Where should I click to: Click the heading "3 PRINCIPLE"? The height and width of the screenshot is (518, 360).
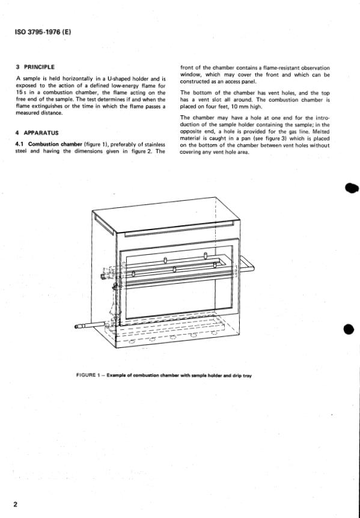pos(35,67)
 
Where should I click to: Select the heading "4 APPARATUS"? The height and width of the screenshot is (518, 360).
pos(37,133)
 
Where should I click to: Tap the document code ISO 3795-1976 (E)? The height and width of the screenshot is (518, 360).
pos(43,32)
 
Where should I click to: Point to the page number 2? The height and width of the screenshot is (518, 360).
pos(16,504)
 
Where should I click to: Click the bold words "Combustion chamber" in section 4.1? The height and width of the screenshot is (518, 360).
pos(55,144)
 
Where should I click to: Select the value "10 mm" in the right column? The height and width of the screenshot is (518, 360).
pos(239,106)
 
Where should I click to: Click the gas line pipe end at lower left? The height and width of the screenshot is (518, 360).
pos(77,326)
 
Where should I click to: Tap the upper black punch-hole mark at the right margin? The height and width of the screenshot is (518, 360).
pos(352,188)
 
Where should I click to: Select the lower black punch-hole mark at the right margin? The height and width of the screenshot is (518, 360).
pos(349,329)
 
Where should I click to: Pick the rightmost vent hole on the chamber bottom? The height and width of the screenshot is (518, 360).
pos(214,333)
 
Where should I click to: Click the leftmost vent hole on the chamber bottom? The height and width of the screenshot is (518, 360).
pos(132,341)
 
